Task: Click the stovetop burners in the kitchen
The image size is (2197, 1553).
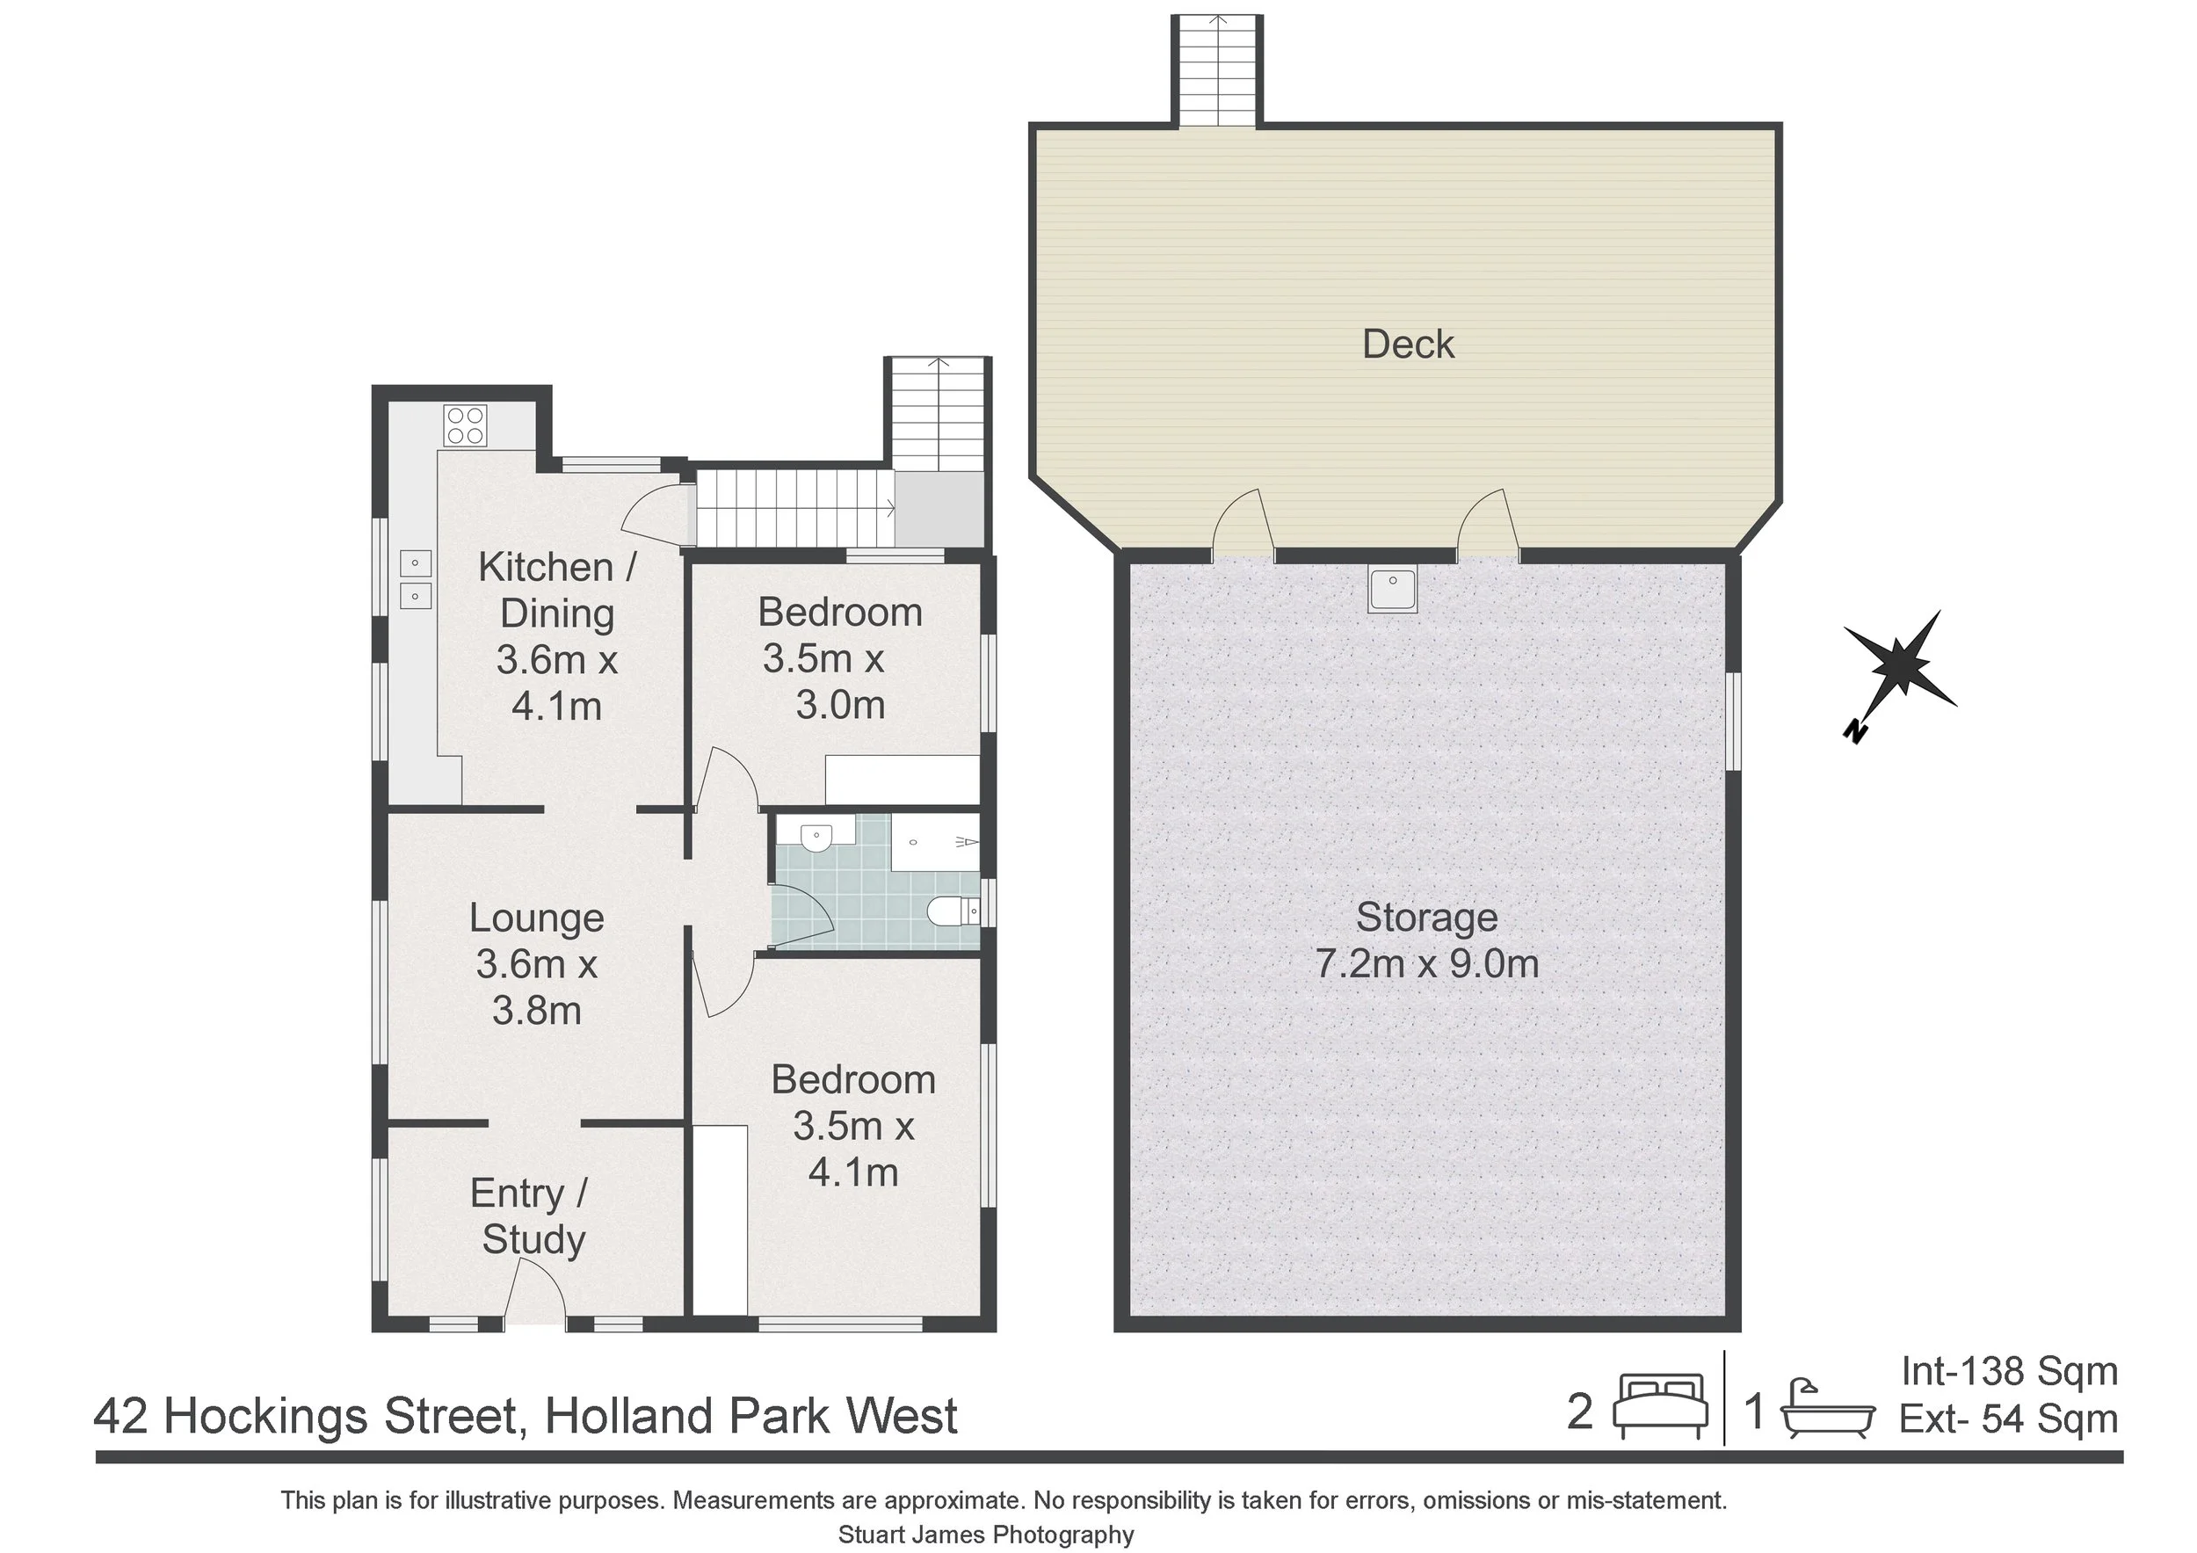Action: point(465,425)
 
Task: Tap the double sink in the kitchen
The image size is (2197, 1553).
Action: point(416,579)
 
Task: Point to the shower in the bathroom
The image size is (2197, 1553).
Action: point(935,842)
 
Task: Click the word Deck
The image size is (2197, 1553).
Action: point(1408,345)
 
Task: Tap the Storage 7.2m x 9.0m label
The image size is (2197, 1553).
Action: point(1425,940)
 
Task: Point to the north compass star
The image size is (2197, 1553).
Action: point(1898,668)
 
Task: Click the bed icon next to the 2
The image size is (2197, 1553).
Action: point(1660,1405)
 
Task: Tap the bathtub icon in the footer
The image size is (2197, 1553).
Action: point(1827,1410)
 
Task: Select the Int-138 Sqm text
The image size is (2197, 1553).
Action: point(2008,1371)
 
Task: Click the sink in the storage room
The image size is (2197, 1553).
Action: point(1392,590)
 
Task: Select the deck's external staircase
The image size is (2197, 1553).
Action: point(1217,72)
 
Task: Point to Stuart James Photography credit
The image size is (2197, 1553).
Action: point(986,1534)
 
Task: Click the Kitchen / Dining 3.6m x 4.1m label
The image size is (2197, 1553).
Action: point(557,636)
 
